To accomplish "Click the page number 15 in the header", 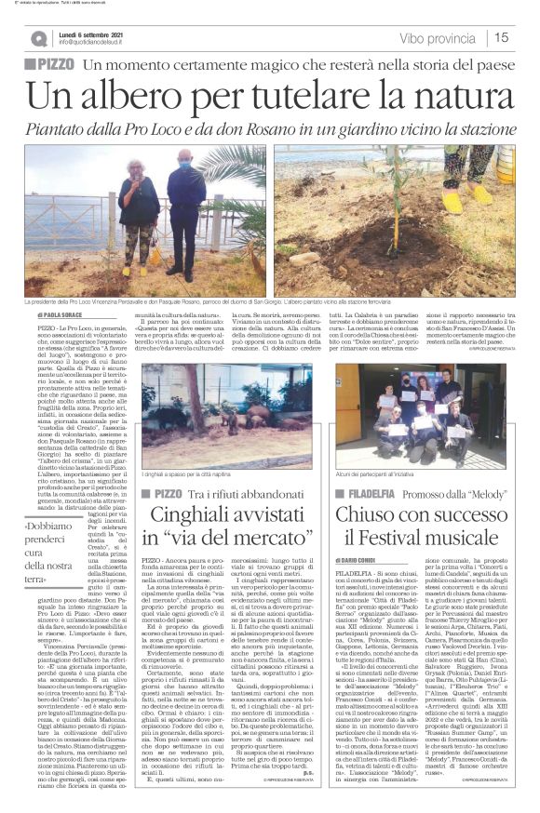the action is tap(502, 37).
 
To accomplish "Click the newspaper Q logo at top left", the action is tap(38, 38).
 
